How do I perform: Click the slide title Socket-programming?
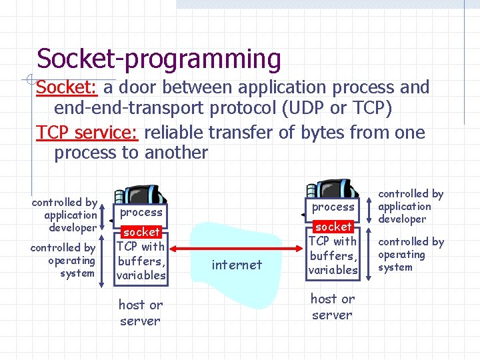point(159,59)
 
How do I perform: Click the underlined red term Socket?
point(67,87)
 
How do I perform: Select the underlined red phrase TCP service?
point(87,133)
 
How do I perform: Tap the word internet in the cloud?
point(237,265)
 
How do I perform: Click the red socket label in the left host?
point(141,232)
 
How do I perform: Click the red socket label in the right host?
point(333,227)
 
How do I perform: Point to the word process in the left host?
point(141,212)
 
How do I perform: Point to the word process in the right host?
point(333,207)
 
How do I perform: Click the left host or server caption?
point(140,313)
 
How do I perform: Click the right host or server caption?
point(332,307)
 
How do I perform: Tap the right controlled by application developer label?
point(409,206)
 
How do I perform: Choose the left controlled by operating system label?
point(64,260)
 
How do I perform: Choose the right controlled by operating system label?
point(409,254)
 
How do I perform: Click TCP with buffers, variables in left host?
point(141,261)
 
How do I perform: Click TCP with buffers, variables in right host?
point(333,255)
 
